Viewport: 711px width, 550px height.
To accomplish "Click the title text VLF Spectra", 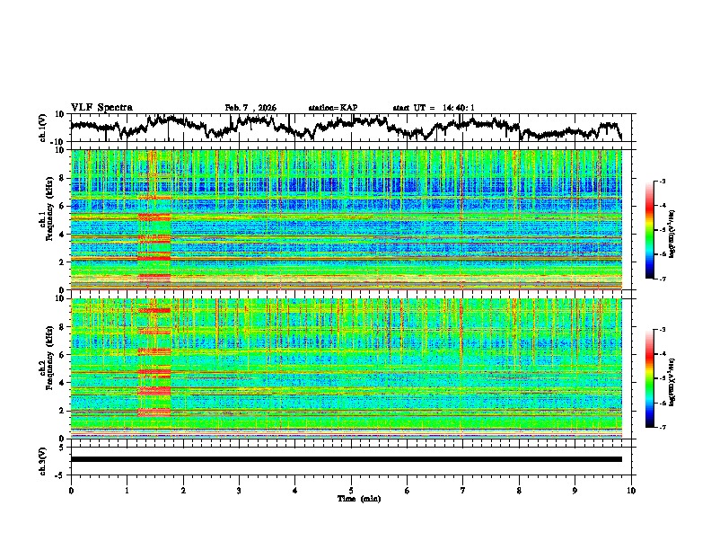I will pyautogui.click(x=101, y=107).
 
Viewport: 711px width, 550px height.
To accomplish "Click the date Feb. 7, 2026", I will pyautogui.click(x=250, y=108).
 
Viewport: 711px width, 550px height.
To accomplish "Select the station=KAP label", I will pyautogui.click(x=333, y=108).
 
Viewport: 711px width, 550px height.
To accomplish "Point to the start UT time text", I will pyautogui.click(x=434, y=108).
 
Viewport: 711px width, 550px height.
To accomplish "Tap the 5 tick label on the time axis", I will pyautogui.click(x=351, y=490).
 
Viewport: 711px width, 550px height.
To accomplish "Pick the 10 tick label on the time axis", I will pyautogui.click(x=631, y=490).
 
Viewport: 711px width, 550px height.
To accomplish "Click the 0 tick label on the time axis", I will pyautogui.click(x=71, y=490).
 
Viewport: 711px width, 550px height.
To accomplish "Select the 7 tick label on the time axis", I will pyautogui.click(x=463, y=490).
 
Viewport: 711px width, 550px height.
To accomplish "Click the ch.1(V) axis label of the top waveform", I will pyautogui.click(x=43, y=128).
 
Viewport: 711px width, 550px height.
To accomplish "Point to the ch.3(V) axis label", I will pyautogui.click(x=43, y=459).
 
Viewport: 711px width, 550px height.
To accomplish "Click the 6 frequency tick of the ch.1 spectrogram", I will pyautogui.click(x=62, y=206).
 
